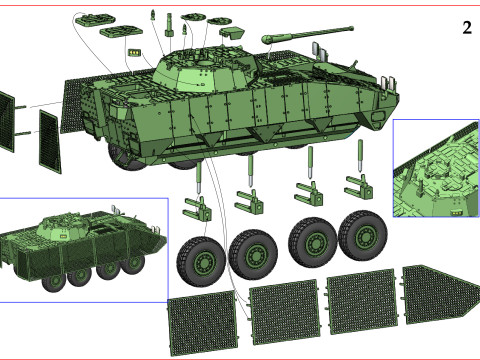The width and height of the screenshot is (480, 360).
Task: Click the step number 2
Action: coord(467,28)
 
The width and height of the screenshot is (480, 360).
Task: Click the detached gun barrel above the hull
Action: coord(307,34)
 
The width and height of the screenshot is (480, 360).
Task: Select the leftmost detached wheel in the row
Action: coord(201,261)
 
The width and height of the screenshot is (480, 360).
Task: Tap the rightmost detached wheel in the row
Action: coord(362,236)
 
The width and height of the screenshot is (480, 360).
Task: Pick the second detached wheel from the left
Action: coord(253,254)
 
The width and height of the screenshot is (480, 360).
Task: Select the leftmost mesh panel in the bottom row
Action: coord(203,323)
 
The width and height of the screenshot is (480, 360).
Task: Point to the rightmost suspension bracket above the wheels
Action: coord(359,187)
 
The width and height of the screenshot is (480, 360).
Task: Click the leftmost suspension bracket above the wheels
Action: coord(197,209)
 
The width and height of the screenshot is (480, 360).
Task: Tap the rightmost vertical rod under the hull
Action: coord(360,156)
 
